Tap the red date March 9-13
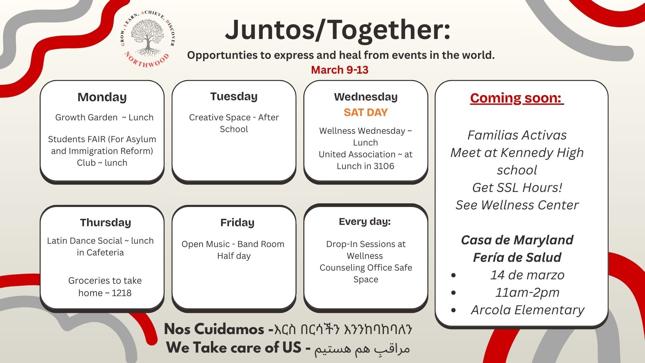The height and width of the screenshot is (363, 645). point(340,70)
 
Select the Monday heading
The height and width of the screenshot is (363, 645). point(102,97)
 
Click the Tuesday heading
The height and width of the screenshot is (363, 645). point(234,96)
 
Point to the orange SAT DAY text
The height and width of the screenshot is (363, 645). point(365,112)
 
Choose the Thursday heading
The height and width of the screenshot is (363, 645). point(105,223)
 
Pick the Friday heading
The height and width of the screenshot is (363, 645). point(237,223)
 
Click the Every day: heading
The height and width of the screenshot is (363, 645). point(365,221)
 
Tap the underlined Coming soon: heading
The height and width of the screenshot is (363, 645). point(517,98)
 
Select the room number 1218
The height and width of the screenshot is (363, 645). point(121,293)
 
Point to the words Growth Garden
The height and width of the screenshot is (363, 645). point(86,117)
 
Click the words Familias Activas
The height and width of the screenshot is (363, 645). point(517,135)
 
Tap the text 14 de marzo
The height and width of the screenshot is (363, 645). point(527,275)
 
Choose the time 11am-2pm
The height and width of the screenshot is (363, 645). point(527,292)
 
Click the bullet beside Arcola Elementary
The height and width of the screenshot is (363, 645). point(454,310)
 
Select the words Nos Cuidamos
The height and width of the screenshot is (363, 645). point(214,329)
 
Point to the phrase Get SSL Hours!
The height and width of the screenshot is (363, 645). point(517,188)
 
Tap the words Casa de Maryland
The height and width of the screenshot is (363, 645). point(517,240)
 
